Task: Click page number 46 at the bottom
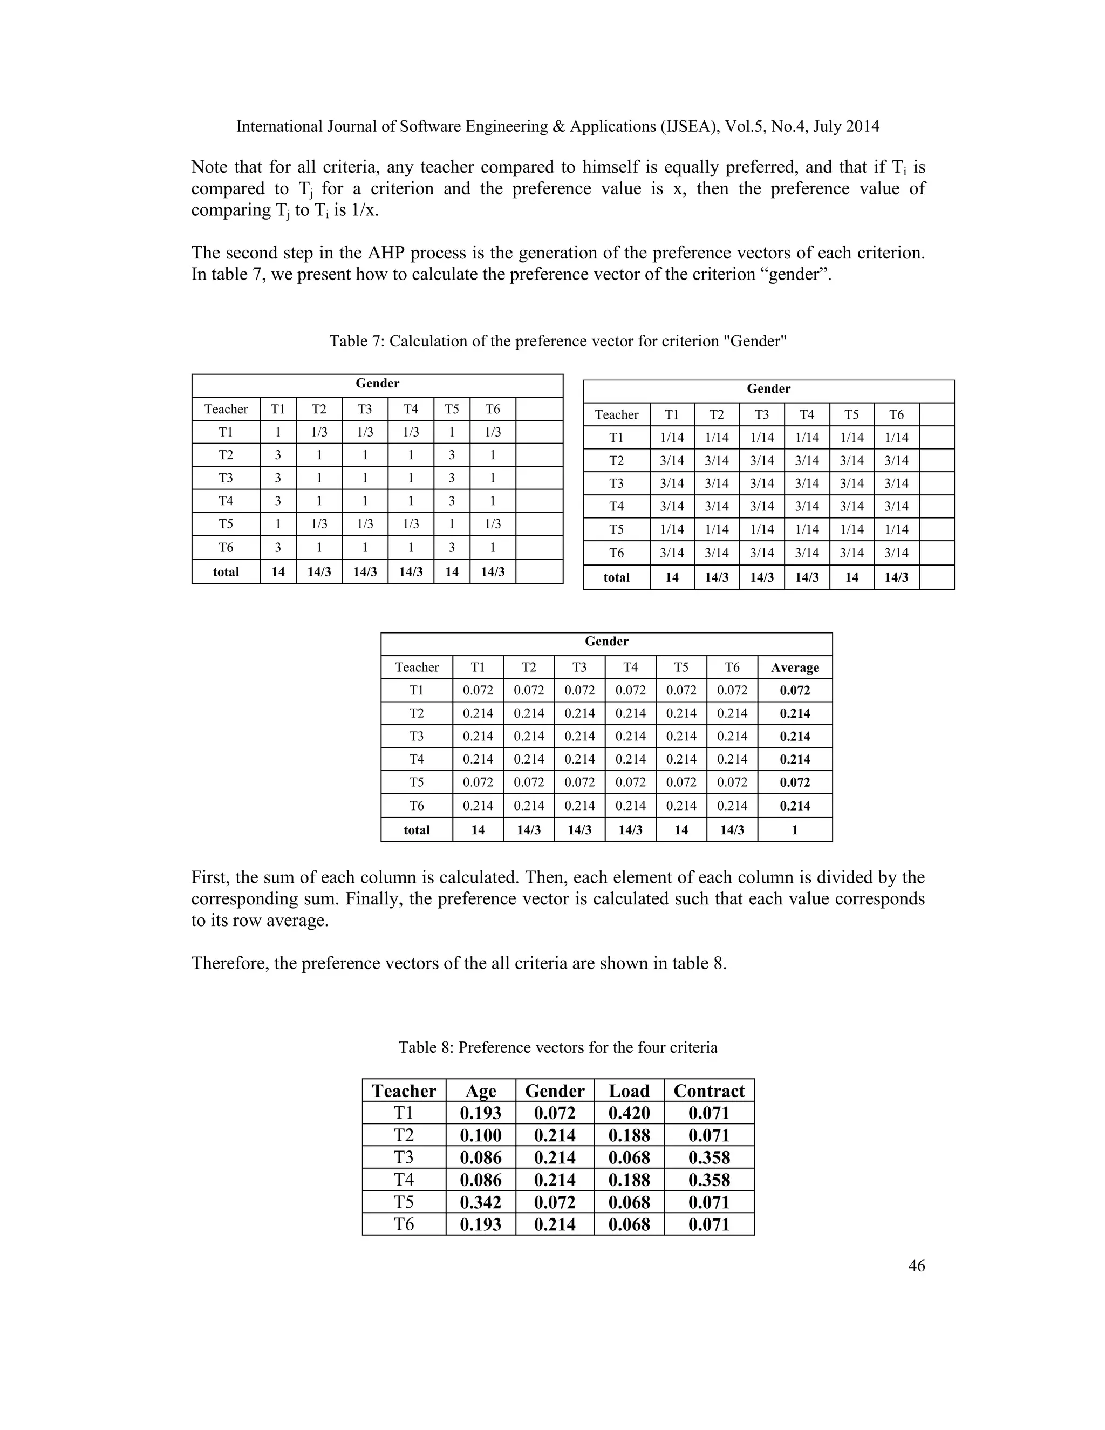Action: pos(916,1265)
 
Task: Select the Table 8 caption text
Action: pos(558,1047)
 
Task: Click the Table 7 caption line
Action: pos(558,341)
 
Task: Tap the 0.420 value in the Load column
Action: pos(629,1113)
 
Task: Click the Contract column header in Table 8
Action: pos(708,1090)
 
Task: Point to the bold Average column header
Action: pos(794,667)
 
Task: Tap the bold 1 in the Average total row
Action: pos(794,829)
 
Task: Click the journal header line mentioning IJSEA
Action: pos(558,126)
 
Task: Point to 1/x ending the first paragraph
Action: pos(366,211)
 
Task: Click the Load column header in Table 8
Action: pos(629,1090)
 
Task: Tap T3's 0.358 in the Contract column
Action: pos(708,1157)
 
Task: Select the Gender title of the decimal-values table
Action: pos(606,641)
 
